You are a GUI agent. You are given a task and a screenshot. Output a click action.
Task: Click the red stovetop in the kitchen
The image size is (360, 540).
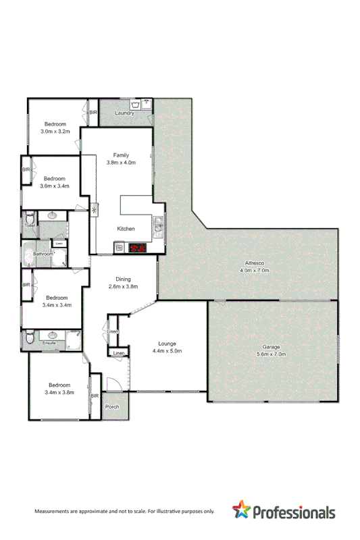point(138,248)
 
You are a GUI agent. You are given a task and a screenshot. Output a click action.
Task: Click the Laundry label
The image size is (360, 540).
point(124,113)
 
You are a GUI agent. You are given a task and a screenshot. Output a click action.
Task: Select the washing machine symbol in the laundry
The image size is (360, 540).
point(137,105)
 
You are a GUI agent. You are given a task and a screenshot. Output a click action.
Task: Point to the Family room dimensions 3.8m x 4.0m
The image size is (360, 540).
point(121,163)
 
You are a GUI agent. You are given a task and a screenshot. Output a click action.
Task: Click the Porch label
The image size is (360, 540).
point(112,407)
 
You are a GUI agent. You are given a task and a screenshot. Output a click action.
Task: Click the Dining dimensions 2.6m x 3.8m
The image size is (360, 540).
point(124,286)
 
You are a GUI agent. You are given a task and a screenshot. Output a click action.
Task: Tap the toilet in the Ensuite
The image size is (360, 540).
point(28,335)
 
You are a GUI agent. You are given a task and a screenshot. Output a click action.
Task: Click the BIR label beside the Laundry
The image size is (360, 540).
point(94,112)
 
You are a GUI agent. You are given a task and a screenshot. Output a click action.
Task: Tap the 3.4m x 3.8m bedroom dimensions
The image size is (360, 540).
point(59,392)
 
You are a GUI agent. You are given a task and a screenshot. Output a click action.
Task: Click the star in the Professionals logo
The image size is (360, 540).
point(242,510)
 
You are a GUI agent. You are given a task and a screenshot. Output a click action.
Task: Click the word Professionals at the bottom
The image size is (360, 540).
point(294,512)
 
